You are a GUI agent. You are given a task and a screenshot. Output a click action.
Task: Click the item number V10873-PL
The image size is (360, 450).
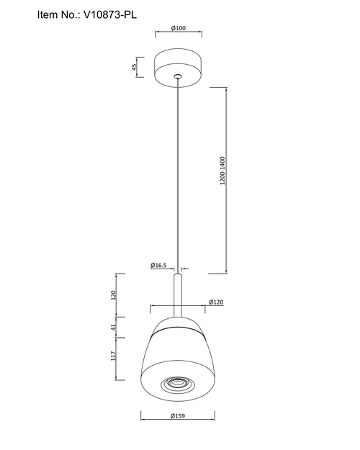110,14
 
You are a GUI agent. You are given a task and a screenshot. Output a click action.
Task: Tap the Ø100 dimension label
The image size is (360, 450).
179,28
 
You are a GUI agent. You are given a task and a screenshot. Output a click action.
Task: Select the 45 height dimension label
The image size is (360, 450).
134,67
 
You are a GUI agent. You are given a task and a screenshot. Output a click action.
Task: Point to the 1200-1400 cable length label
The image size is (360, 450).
222,171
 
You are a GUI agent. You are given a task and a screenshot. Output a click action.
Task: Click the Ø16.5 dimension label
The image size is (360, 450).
158,265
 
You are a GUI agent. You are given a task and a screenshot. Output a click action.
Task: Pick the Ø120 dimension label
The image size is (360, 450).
216,302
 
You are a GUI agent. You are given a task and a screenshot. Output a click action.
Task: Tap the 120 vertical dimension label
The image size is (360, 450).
114,295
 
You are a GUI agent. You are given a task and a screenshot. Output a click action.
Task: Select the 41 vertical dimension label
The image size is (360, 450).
114,327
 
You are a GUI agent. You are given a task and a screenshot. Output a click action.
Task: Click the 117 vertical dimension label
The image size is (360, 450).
114,356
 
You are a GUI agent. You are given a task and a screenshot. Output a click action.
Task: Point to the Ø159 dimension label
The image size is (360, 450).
178,416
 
